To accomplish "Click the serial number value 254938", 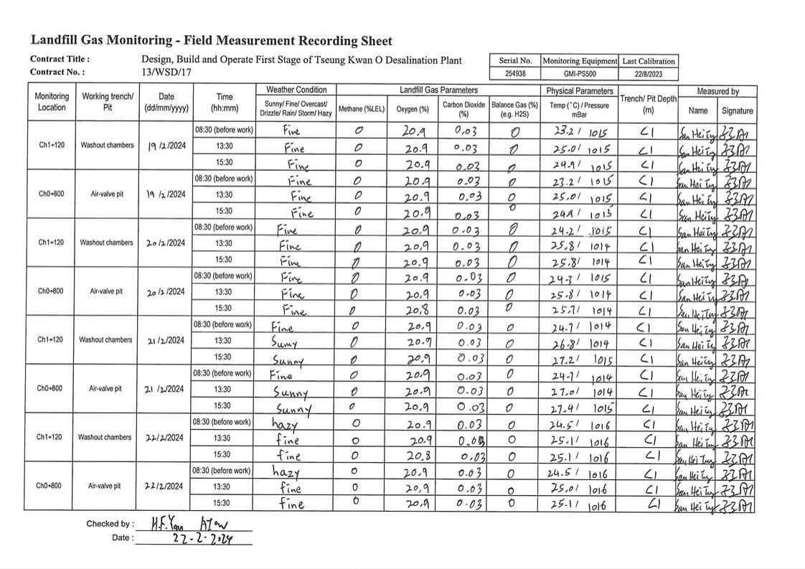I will tap(515, 74).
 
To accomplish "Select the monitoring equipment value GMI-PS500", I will tap(580, 74).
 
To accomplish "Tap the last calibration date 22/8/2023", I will tap(649, 74).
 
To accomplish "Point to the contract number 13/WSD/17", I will tap(167, 72).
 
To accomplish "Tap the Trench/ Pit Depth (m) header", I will tap(648, 105).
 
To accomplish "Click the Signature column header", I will tap(737, 110).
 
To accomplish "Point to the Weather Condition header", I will tap(296, 90).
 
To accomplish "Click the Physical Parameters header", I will tap(580, 91).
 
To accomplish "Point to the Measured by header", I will tap(717, 91).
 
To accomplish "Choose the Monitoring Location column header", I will tap(52, 102).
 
